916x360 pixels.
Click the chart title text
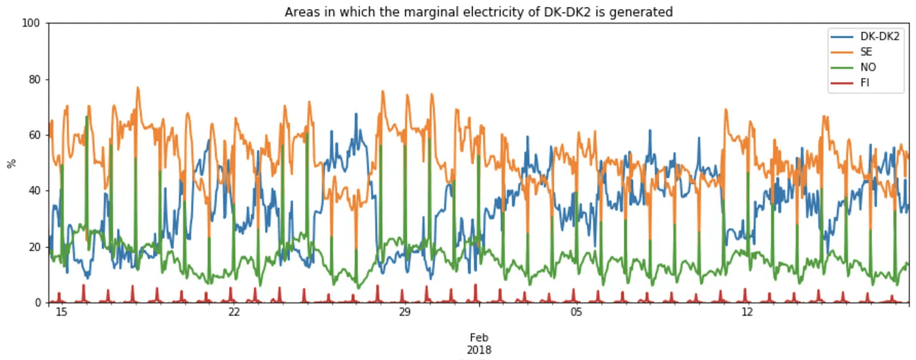tap(478, 12)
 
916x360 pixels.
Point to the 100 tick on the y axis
tap(32, 24)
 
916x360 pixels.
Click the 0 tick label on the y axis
tap(37, 302)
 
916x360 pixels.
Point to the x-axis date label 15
tap(62, 312)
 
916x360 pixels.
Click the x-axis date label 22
tap(234, 312)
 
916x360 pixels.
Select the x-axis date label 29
tap(404, 312)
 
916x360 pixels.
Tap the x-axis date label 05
tap(576, 312)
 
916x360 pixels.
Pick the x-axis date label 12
tap(747, 312)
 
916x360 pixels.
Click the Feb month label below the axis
tap(479, 338)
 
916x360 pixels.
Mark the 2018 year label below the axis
tap(479, 350)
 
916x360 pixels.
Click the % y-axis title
tap(10, 163)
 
